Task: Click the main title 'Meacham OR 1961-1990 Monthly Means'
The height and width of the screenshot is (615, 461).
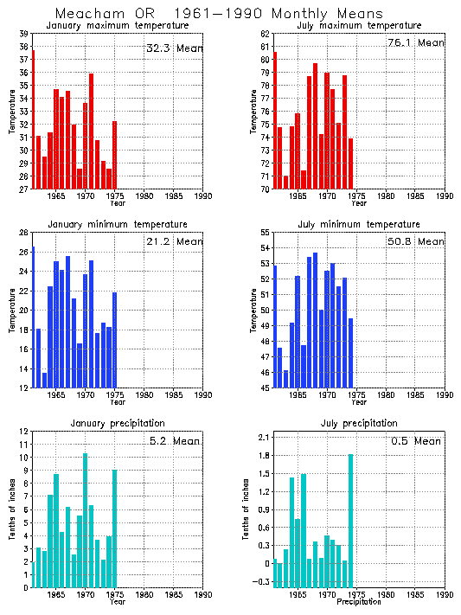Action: [x=220, y=14]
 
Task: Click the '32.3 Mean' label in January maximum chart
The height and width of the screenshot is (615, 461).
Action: [x=174, y=48]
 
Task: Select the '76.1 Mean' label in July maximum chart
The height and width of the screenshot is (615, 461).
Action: [x=416, y=42]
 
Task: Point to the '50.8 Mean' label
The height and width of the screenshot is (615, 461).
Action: [x=416, y=241]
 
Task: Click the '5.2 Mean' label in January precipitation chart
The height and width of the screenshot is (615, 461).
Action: [x=174, y=441]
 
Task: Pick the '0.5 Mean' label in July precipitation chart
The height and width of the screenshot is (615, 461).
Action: [x=416, y=440]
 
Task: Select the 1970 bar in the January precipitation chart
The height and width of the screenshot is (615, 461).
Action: [x=85, y=520]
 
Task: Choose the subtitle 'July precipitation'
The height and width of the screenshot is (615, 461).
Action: [x=358, y=423]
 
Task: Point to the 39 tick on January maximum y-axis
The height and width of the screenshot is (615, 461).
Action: [x=23, y=33]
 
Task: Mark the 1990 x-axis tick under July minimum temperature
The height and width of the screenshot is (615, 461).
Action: [x=445, y=395]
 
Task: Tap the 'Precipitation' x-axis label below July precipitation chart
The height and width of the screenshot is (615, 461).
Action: [x=358, y=601]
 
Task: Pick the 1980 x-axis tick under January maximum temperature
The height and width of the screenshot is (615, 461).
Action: [x=144, y=196]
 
